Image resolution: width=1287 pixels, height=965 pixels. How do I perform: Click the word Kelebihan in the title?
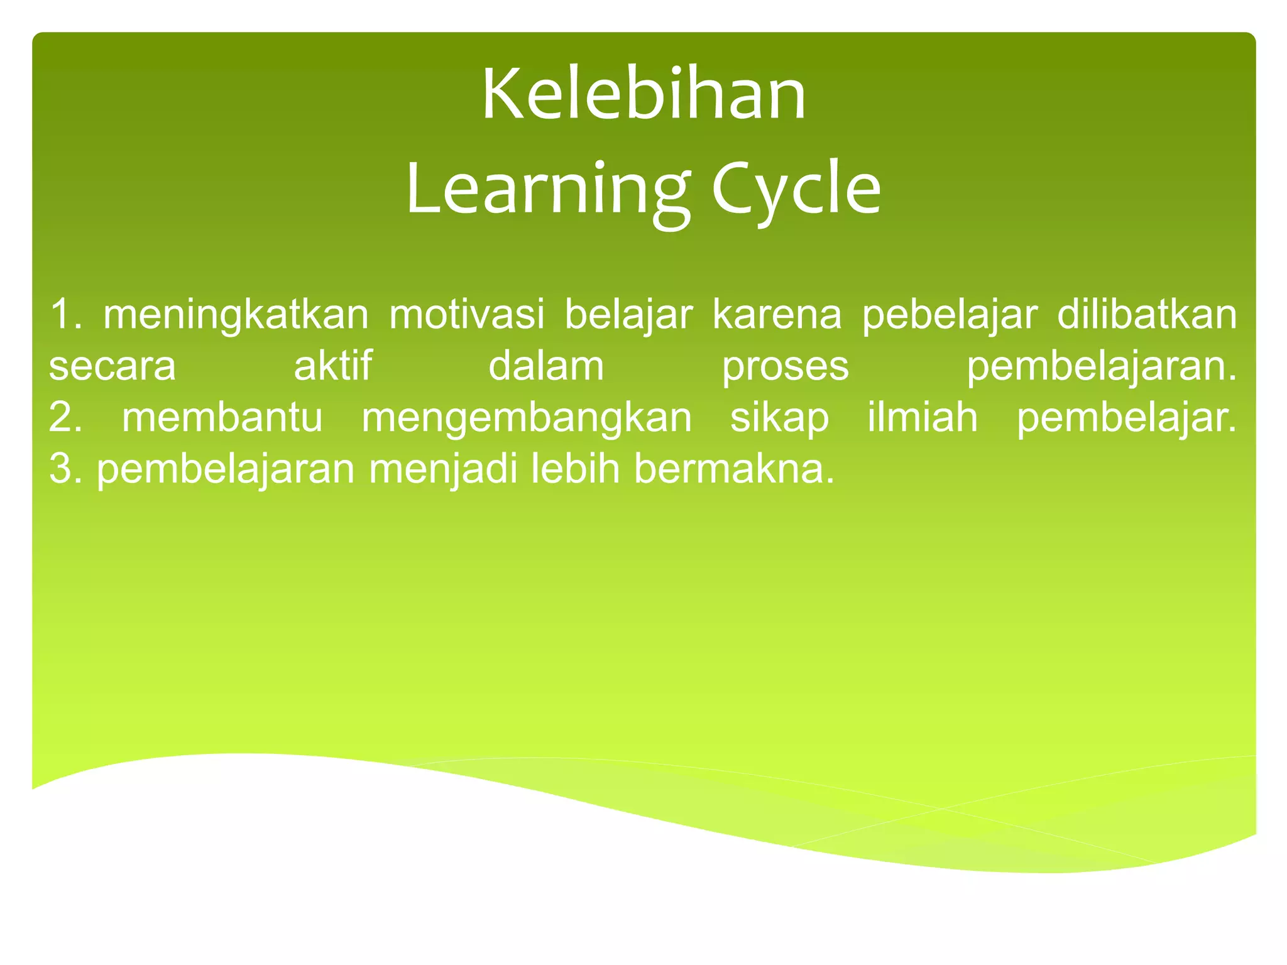click(643, 96)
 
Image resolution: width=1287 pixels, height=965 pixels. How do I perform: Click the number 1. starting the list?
click(65, 315)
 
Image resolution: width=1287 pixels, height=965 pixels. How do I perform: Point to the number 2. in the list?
click(65, 418)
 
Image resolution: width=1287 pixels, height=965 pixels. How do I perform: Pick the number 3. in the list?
click(65, 469)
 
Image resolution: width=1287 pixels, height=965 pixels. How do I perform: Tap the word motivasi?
click(466, 315)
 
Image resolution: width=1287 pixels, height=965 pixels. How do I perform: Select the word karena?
click(777, 315)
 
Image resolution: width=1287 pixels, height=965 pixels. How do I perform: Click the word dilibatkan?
click(1147, 315)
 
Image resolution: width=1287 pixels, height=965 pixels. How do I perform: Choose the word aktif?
click(333, 366)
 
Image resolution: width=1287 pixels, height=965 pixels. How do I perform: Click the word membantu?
click(222, 418)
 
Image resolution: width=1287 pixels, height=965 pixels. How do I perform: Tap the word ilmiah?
click(923, 418)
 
